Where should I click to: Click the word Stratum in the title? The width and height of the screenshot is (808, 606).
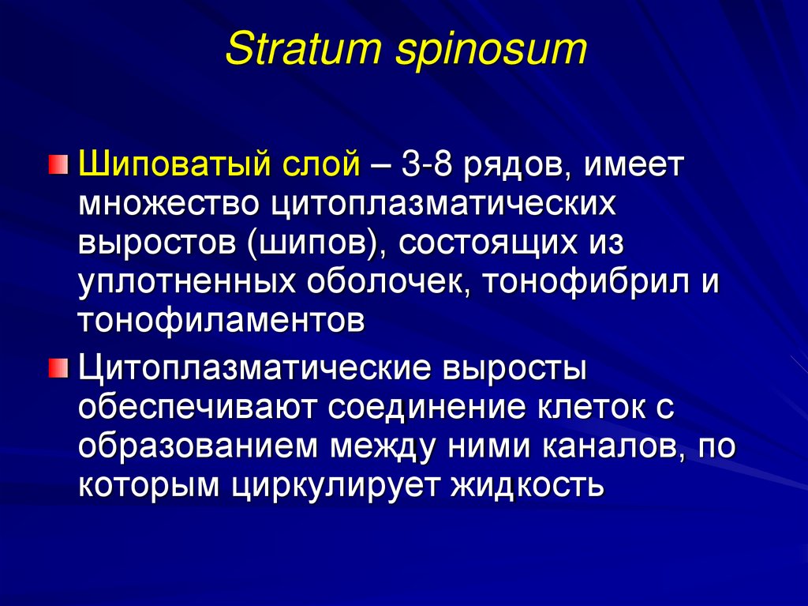tap(290, 49)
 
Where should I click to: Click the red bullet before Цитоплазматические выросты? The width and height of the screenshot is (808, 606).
tap(57, 367)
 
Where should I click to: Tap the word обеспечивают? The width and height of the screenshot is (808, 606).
tap(197, 408)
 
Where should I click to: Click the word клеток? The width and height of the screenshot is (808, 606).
tap(582, 408)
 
